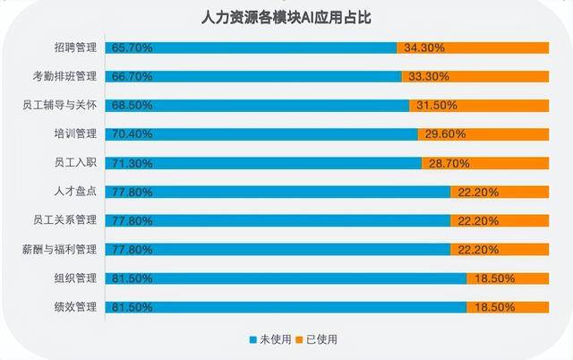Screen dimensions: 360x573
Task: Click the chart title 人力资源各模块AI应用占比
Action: point(286,17)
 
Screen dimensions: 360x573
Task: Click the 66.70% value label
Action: point(129,77)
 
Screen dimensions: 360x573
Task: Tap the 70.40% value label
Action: point(129,134)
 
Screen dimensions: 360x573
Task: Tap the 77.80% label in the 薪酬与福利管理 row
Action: point(129,249)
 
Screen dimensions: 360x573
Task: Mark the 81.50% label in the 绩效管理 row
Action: point(129,307)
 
